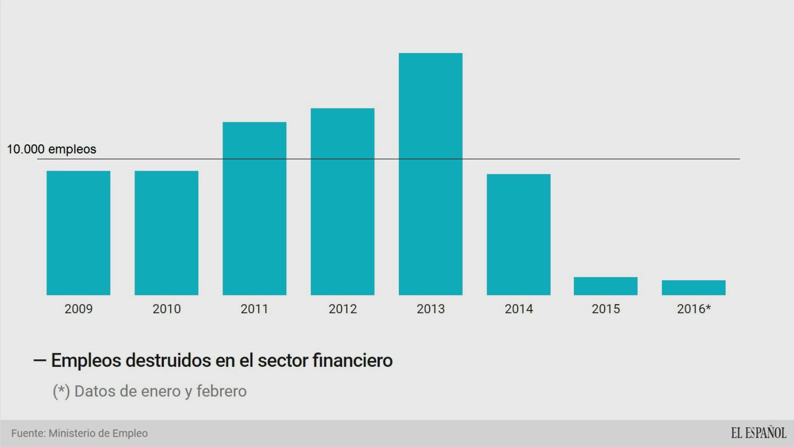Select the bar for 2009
(x=78, y=233)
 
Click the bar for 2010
(x=166, y=233)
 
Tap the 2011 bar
(x=254, y=209)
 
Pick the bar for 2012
(x=343, y=202)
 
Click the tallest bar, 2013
(x=431, y=174)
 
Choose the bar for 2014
(x=518, y=235)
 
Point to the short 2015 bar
(x=606, y=286)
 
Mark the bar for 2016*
(x=693, y=288)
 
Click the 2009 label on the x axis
(x=78, y=309)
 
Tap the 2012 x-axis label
(x=343, y=309)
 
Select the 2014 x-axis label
(x=518, y=309)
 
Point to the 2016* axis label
(x=693, y=309)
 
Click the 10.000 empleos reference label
(x=51, y=149)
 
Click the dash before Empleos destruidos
(x=40, y=360)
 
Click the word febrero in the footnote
(x=221, y=391)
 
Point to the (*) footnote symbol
(x=61, y=391)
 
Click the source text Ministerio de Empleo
(x=98, y=433)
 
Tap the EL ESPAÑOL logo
(x=758, y=433)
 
